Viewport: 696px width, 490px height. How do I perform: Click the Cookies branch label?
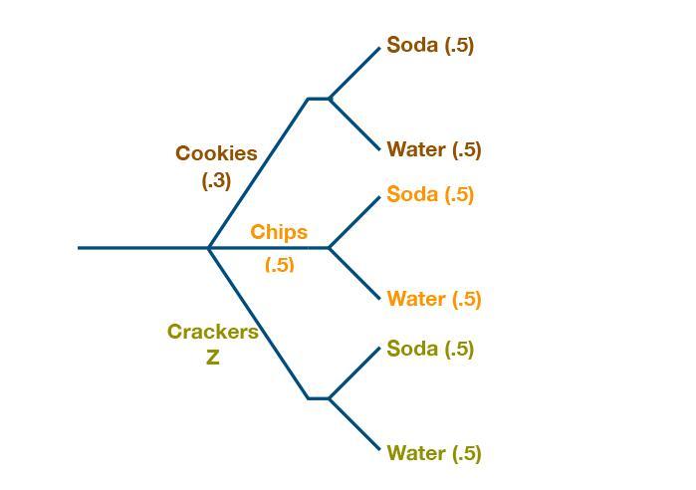click(x=216, y=153)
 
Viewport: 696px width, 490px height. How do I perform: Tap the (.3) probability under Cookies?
click(x=216, y=180)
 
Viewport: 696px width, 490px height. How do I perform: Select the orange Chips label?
click(x=279, y=232)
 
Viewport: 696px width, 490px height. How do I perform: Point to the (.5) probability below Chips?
click(x=280, y=264)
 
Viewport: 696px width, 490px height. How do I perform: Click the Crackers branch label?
click(x=212, y=332)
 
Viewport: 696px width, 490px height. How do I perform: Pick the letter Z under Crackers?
click(x=212, y=359)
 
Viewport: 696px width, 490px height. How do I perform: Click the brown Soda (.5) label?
click(x=430, y=45)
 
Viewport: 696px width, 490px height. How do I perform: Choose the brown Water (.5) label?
click(x=434, y=149)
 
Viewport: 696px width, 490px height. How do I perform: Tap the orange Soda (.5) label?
click(x=430, y=194)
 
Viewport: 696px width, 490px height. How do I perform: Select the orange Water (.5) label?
click(x=434, y=299)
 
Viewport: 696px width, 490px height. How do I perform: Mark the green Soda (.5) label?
click(x=430, y=349)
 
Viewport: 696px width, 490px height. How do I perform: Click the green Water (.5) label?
click(x=434, y=453)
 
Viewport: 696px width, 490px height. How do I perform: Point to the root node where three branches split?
click(x=208, y=247)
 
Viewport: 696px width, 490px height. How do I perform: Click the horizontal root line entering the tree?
click(x=139, y=247)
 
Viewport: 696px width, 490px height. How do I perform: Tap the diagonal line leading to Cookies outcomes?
click(x=259, y=171)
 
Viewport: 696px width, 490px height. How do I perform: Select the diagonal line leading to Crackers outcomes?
click(x=259, y=324)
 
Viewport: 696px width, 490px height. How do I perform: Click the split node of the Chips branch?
click(x=329, y=247)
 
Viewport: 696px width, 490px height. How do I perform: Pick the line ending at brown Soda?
click(x=354, y=73)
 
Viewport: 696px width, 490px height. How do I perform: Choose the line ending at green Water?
click(x=354, y=423)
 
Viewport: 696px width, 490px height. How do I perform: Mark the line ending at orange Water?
click(x=354, y=273)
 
